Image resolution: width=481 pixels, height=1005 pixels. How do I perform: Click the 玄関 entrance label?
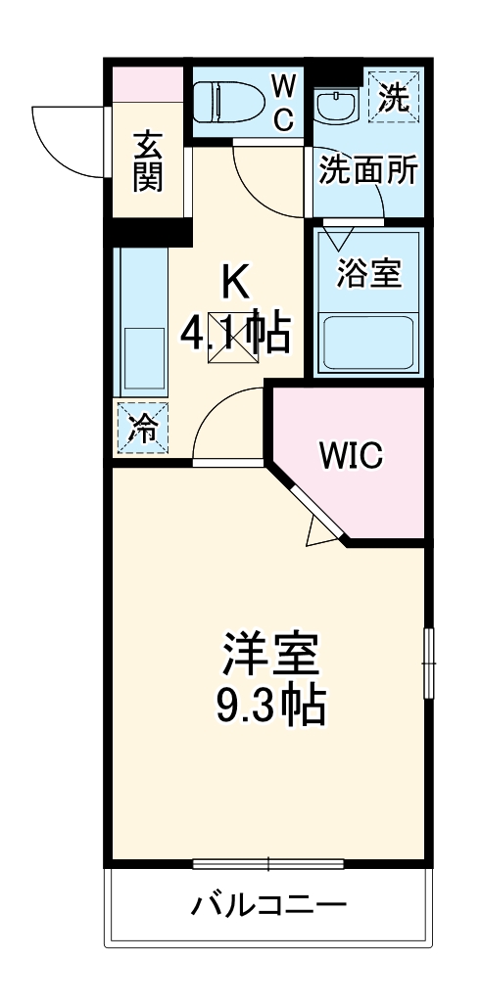(148, 161)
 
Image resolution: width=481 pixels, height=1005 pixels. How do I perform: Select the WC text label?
(283, 103)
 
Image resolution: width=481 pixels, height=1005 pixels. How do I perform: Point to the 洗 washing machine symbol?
(394, 98)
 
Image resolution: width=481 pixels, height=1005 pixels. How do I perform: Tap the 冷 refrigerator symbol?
(142, 429)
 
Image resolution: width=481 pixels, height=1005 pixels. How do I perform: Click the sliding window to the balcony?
(267, 864)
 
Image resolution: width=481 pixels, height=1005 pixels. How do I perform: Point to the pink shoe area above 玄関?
(147, 84)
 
